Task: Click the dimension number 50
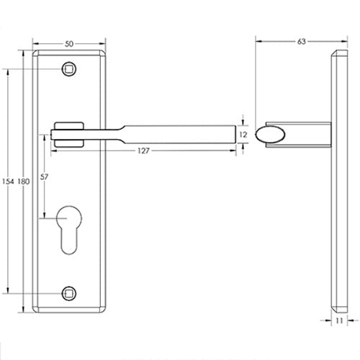tap(68, 44)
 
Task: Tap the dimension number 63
tap(301, 42)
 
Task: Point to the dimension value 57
tap(45, 178)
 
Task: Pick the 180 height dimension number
tap(23, 180)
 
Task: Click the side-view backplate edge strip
tap(339, 180)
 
